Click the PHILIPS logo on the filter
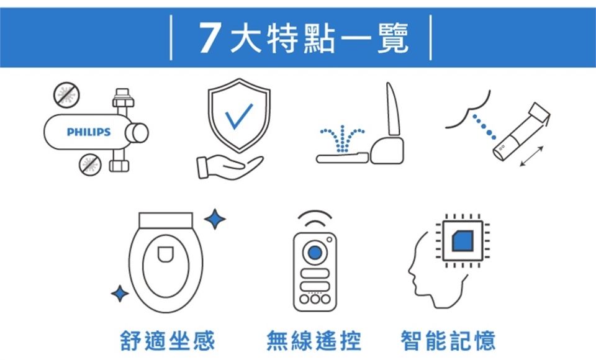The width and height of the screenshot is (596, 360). click(x=89, y=132)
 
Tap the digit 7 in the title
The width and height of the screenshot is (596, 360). click(x=210, y=38)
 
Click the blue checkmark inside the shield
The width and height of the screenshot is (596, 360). click(x=238, y=116)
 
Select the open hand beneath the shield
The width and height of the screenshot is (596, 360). click(x=230, y=167)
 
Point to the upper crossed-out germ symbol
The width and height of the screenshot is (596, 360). click(x=66, y=95)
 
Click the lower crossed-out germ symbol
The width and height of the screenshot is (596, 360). click(x=90, y=164)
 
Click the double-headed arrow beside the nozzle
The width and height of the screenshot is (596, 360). click(x=532, y=156)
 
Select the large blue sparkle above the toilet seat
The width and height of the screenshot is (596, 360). click(x=215, y=219)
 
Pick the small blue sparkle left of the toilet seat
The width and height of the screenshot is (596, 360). click(x=120, y=294)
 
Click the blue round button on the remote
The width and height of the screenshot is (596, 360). click(x=315, y=252)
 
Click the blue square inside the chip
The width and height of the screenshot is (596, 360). click(x=462, y=241)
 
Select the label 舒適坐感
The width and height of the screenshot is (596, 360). click(x=168, y=341)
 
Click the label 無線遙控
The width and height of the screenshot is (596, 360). click(x=314, y=341)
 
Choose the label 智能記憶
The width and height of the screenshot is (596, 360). click(x=448, y=341)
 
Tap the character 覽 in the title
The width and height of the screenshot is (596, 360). click(x=393, y=38)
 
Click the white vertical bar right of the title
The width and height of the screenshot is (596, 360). click(x=431, y=37)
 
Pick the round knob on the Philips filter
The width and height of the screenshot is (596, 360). click(x=138, y=133)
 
